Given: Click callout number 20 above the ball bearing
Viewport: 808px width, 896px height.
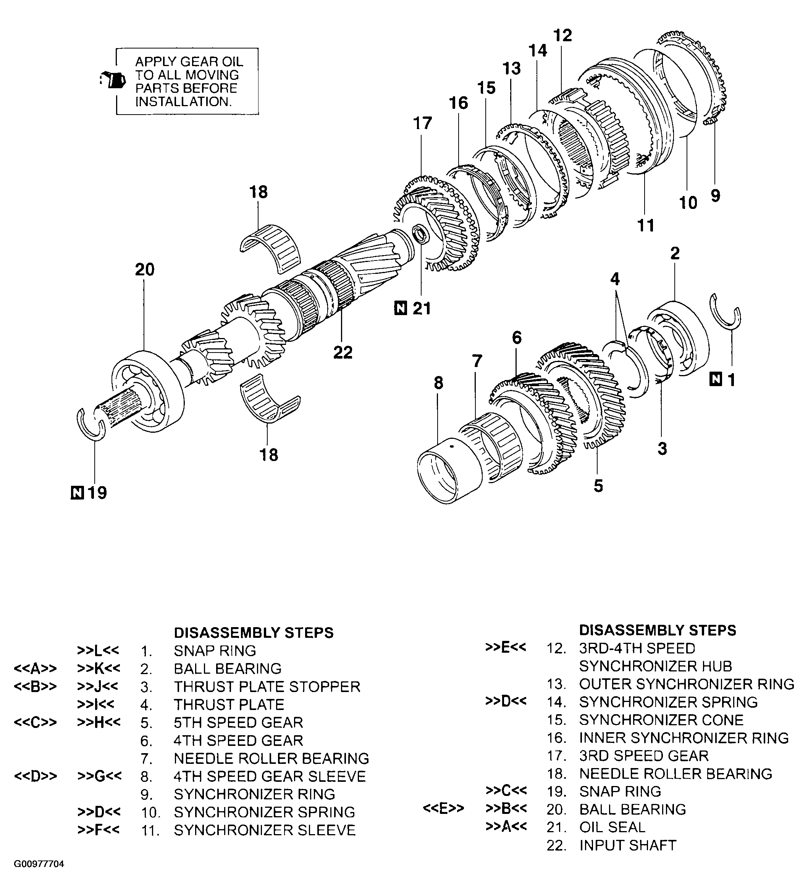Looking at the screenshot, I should click(145, 270).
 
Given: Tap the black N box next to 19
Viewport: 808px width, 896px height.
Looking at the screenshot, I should click(77, 492).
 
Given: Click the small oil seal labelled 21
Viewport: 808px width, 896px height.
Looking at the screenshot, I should click(420, 235).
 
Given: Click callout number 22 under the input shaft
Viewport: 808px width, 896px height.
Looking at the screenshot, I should click(343, 352).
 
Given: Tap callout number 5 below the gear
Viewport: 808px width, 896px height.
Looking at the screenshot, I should click(598, 486).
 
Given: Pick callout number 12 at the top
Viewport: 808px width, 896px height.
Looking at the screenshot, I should click(562, 36).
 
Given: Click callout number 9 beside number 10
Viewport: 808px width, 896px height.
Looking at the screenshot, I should click(715, 196).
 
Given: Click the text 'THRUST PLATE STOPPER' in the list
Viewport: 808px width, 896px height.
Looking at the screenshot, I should click(267, 687).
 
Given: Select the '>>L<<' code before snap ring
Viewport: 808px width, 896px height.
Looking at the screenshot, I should click(98, 650).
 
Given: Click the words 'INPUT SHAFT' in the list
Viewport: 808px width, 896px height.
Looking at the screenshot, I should click(627, 845).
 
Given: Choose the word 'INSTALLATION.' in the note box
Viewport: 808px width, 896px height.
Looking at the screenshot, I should click(183, 102).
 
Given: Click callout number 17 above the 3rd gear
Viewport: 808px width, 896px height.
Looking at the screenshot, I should click(422, 123).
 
